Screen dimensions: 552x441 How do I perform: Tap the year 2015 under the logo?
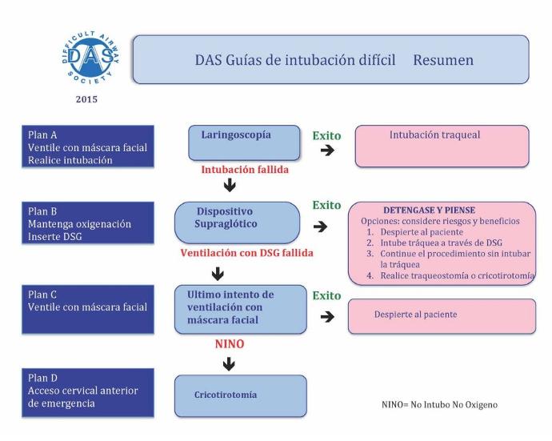[x=86, y=99]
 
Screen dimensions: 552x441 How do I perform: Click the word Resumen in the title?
[x=443, y=60]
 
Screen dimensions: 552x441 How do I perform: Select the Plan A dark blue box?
[x=88, y=146]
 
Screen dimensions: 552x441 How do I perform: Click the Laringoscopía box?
[x=244, y=143]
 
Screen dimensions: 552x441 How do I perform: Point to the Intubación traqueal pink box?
[x=442, y=146]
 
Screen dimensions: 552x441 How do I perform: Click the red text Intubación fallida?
[x=245, y=170]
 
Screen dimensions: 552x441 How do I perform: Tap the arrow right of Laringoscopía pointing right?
[x=327, y=150]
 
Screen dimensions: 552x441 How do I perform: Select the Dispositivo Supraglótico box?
[x=238, y=223]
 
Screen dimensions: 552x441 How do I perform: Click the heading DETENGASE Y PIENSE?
[x=429, y=210]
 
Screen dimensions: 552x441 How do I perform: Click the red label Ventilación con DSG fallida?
[x=246, y=253]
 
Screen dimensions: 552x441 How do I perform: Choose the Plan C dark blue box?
[x=88, y=309]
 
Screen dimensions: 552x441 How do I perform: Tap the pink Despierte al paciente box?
[x=442, y=316]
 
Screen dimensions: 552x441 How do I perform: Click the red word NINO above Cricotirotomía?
[x=230, y=344]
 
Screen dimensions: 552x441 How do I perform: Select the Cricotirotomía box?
[x=241, y=396]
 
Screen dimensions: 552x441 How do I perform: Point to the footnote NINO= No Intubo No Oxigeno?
[x=440, y=405]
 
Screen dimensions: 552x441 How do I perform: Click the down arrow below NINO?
[x=229, y=364]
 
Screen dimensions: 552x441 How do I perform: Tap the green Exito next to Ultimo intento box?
[x=326, y=295]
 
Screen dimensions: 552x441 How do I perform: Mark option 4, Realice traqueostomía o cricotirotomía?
[x=450, y=275]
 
